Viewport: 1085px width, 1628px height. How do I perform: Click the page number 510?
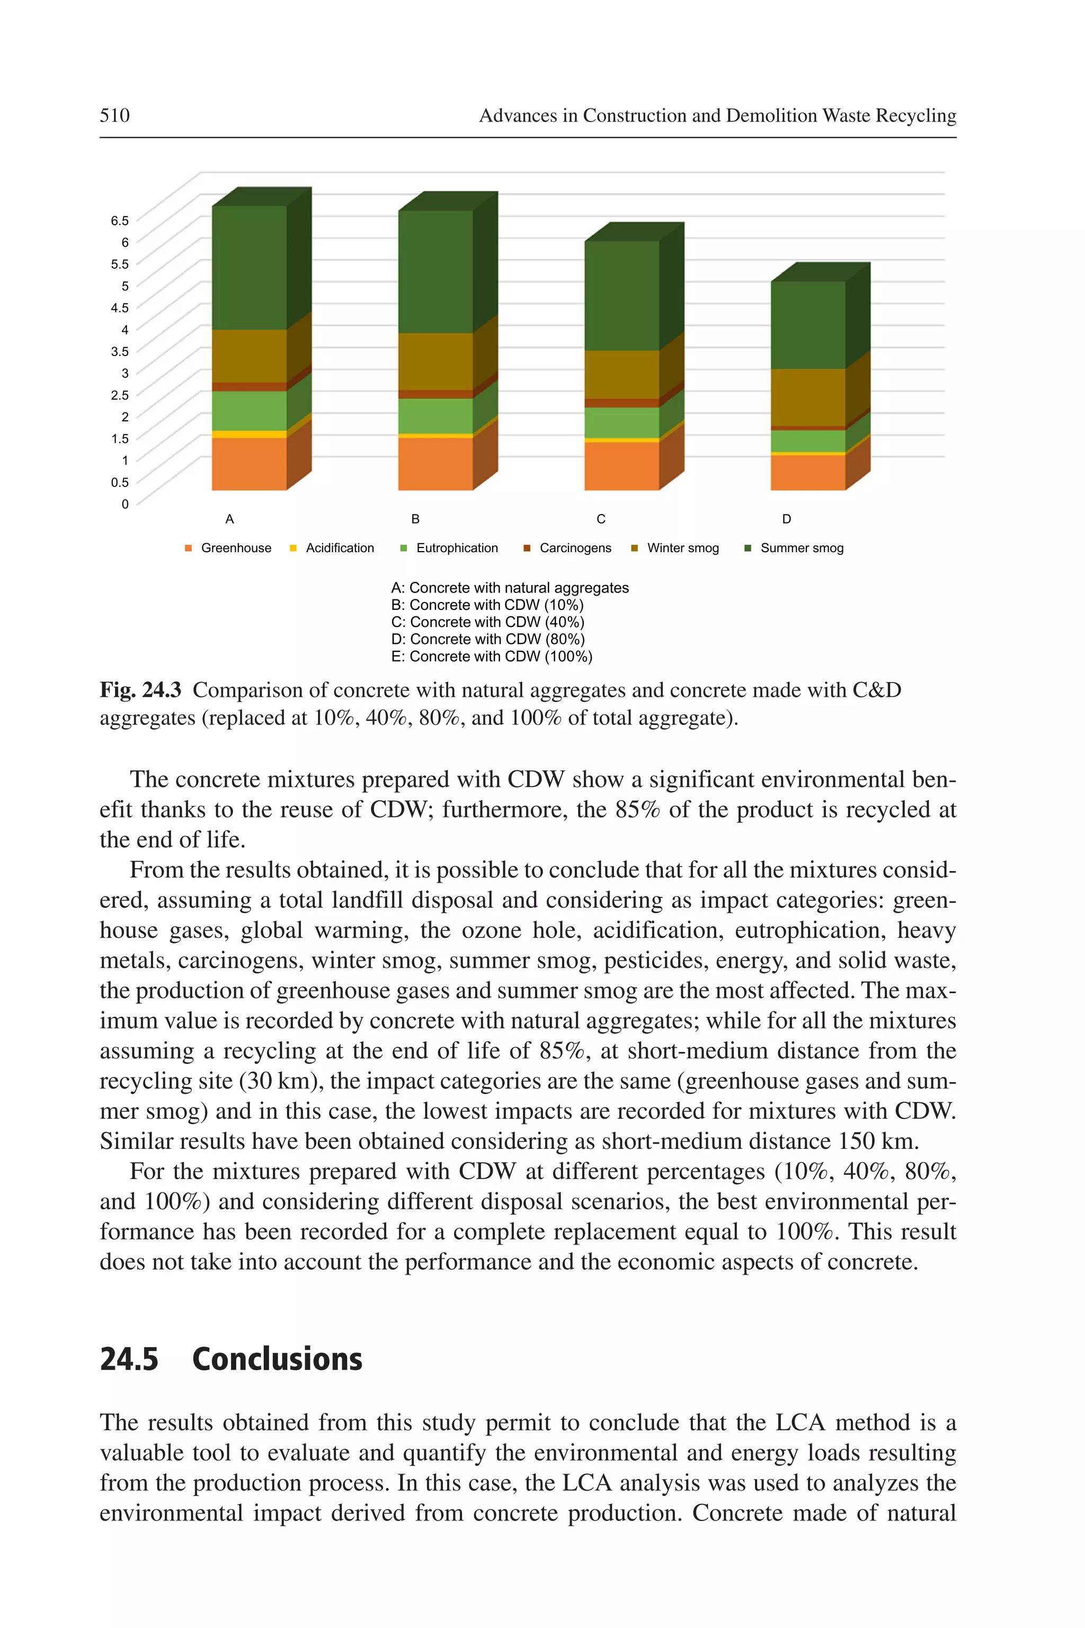114,115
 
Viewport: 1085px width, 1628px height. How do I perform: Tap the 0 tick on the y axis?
124,504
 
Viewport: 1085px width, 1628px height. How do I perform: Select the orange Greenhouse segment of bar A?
249,464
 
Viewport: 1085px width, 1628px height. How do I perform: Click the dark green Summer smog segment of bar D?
807,325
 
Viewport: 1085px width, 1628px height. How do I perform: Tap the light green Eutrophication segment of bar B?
435,416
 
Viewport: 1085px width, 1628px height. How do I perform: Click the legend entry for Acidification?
339,548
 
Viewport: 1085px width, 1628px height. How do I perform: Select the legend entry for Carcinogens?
574,548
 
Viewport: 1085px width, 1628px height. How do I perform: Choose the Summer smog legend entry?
801,548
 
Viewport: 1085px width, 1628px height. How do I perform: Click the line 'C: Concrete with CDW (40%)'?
487,622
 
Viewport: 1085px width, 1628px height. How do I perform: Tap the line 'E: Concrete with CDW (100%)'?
491,656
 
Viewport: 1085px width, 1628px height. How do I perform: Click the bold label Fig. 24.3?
140,690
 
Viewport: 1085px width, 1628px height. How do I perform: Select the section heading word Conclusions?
277,1359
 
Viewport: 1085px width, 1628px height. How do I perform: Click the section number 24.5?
129,1359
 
